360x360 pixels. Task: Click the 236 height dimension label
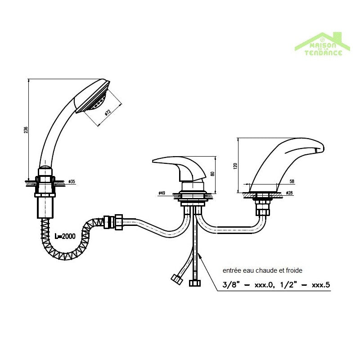click(x=26, y=130)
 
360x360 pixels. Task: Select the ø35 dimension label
click(x=72, y=182)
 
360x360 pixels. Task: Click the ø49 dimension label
click(x=162, y=193)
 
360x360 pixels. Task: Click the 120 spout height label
click(x=234, y=166)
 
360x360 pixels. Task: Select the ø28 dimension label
click(x=289, y=193)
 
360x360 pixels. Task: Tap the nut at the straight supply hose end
click(x=195, y=283)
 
